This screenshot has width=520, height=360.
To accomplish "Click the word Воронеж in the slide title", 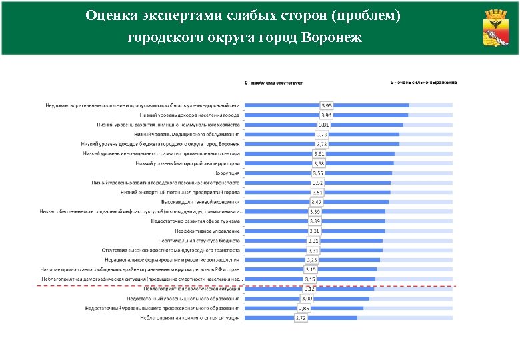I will coord(332,37).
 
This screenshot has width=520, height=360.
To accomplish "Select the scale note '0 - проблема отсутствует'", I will coord(274,83).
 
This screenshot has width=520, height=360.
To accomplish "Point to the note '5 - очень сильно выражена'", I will coord(423,83).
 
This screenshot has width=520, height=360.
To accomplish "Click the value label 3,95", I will coord(327,105).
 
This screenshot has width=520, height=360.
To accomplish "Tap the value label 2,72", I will coord(301,318).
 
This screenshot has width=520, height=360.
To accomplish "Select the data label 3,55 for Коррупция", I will coord(318,173).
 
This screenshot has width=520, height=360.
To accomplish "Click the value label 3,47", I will coord(317,202).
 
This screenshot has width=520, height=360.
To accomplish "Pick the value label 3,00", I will coord(307,299).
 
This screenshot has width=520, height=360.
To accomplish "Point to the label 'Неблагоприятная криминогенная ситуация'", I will coord(189,318).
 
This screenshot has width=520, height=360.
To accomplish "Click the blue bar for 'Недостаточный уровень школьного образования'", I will coord(307,299).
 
